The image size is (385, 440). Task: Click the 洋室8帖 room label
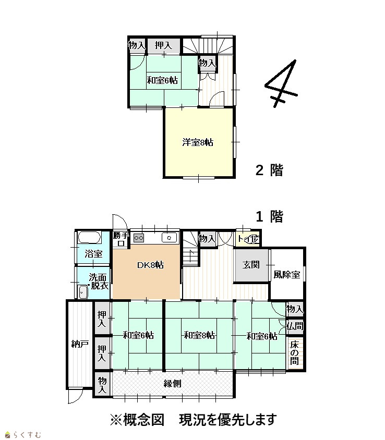click(x=198, y=142)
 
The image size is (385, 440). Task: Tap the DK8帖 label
click(x=150, y=265)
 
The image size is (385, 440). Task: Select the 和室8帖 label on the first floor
click(x=199, y=335)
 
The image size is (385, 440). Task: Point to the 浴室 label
click(x=93, y=254)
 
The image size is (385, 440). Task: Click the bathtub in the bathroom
click(x=89, y=237)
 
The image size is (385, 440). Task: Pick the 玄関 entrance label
click(x=251, y=265)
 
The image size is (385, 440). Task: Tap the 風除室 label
click(x=287, y=274)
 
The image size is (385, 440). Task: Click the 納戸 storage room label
click(x=80, y=344)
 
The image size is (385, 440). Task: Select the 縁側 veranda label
click(x=172, y=383)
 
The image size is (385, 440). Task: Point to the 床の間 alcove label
click(x=294, y=352)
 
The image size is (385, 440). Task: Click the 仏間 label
click(x=295, y=326)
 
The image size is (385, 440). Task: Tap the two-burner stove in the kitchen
click(x=139, y=238)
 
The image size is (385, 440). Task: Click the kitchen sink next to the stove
click(x=170, y=238)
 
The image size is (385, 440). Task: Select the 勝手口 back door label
click(x=121, y=239)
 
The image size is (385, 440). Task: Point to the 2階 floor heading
click(x=269, y=170)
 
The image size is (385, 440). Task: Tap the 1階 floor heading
click(x=269, y=217)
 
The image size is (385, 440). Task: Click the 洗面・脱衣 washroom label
click(x=98, y=282)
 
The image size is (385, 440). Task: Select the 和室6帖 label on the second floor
click(x=162, y=80)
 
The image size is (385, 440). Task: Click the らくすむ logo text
click(x=23, y=435)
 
